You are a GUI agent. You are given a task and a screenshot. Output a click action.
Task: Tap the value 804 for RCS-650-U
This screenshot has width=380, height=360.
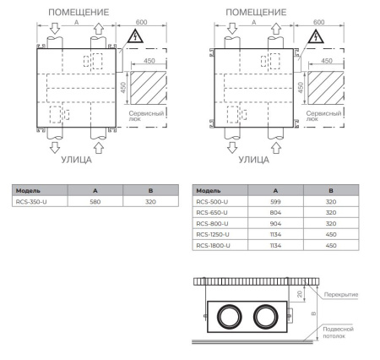(x=274, y=213)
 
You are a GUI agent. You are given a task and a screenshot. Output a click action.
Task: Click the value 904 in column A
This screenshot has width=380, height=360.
(x=274, y=224)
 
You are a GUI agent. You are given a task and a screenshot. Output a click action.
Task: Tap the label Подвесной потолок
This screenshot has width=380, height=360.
(x=339, y=331)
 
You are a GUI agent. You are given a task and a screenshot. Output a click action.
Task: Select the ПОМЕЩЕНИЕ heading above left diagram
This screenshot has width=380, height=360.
(x=81, y=13)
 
